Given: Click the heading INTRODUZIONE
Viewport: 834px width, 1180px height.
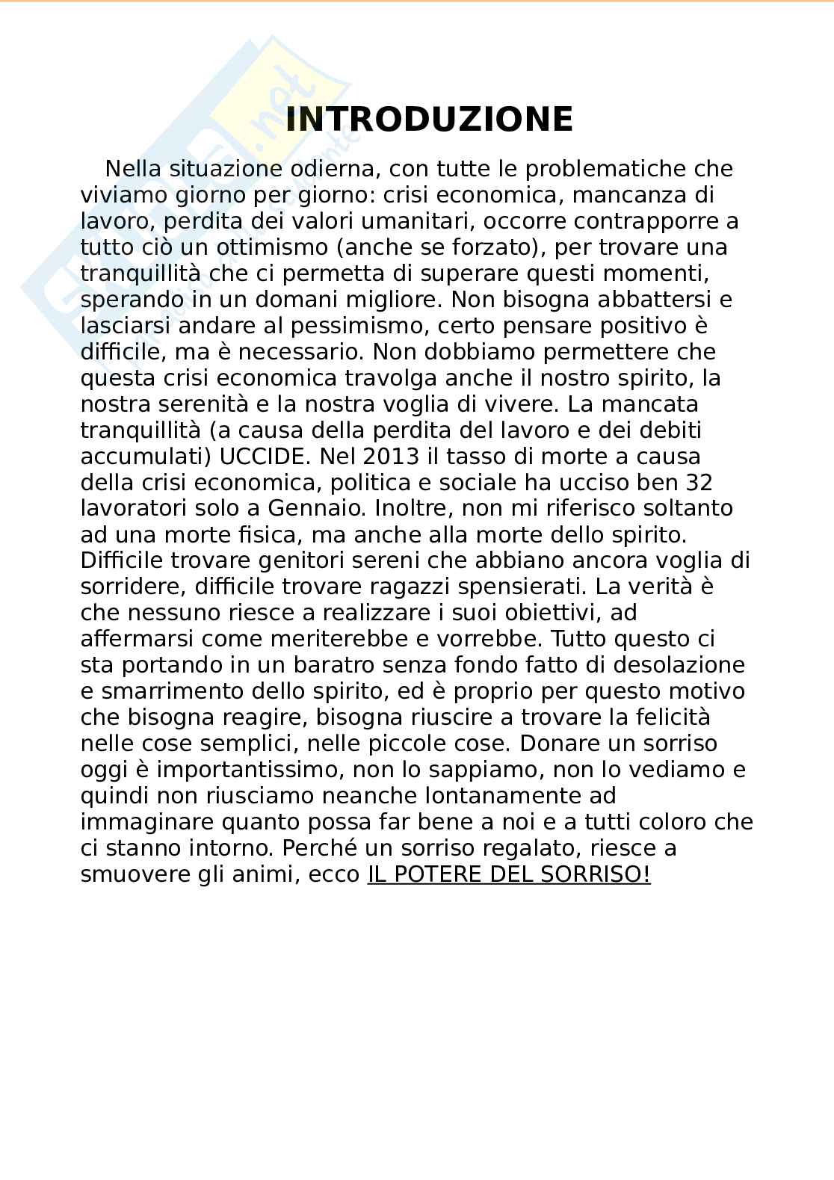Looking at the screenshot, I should tap(429, 120).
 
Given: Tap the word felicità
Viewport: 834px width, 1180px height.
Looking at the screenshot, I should tap(670, 717).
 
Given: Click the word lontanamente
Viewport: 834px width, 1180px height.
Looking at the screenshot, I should tap(510, 796).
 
